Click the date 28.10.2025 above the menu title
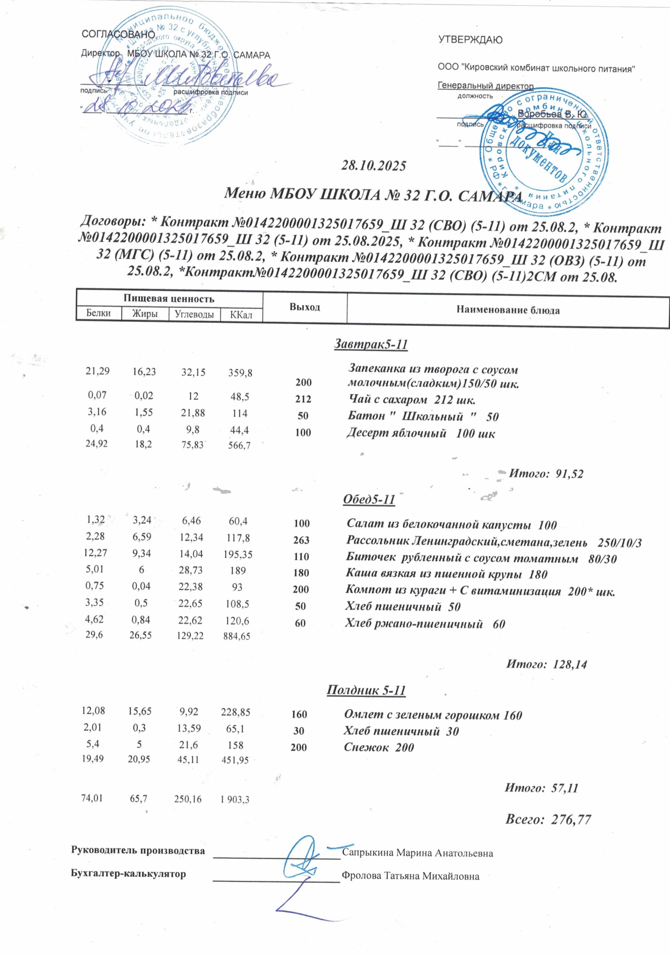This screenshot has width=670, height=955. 373,166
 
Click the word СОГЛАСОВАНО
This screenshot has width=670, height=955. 118,35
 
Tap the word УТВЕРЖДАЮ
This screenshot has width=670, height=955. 470,40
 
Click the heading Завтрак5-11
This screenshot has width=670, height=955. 370,344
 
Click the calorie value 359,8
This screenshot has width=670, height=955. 240,373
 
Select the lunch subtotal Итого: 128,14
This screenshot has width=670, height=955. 546,665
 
